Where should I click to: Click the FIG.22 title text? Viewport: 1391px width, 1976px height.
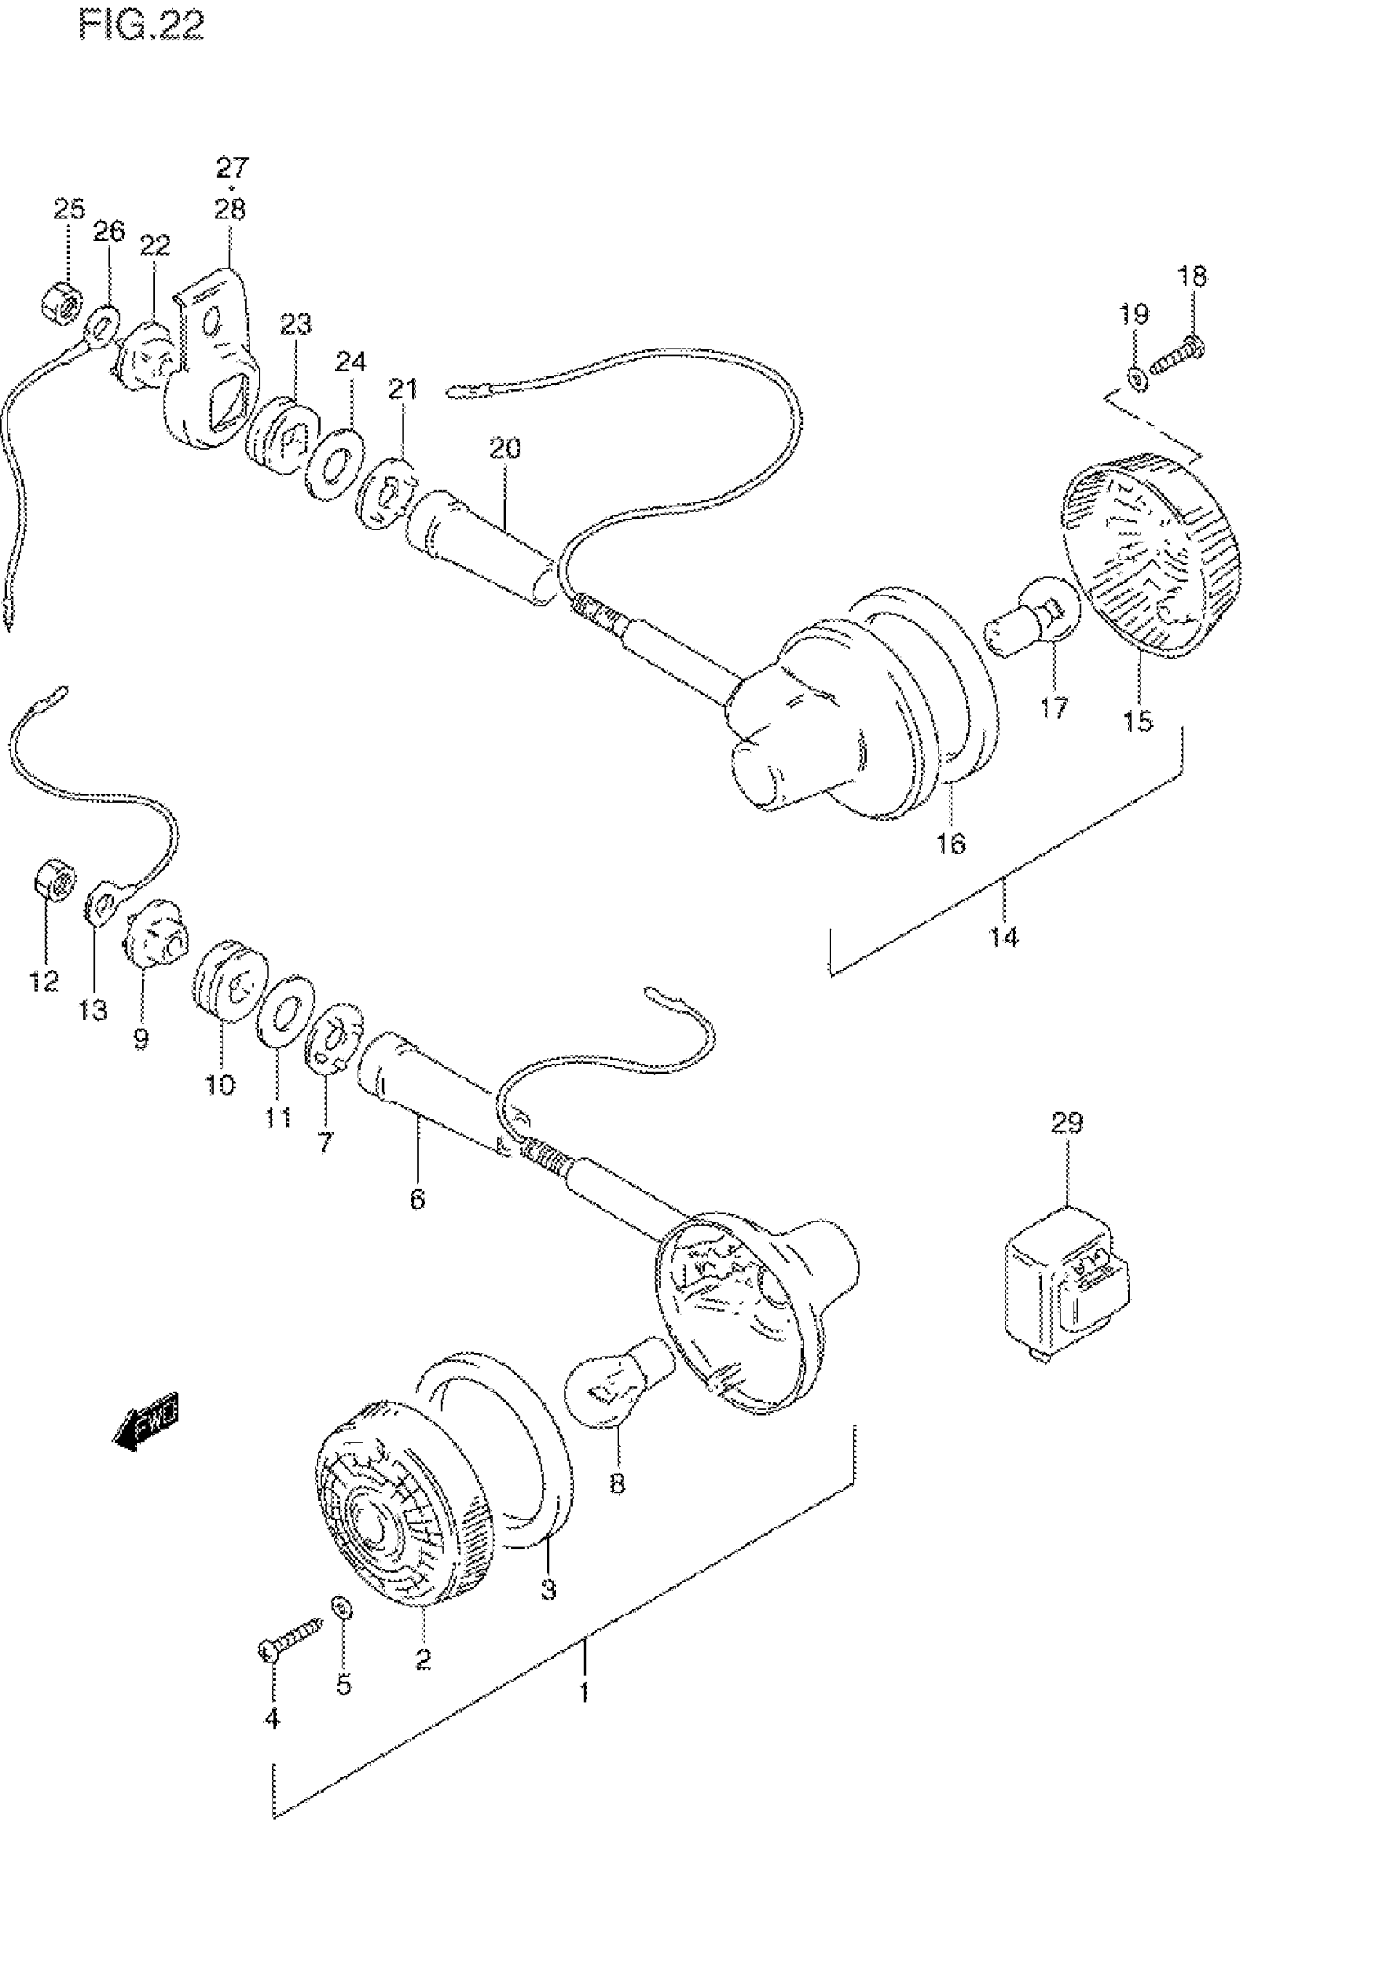[142, 27]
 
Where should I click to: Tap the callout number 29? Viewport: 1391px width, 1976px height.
[1066, 1123]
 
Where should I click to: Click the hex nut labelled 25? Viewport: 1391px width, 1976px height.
[61, 300]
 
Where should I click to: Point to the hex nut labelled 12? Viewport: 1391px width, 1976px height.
[54, 879]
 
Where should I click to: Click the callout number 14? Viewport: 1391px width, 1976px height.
[1003, 936]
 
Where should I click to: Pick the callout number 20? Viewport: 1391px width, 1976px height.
[506, 448]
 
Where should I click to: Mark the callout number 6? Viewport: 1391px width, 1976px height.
[417, 1198]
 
